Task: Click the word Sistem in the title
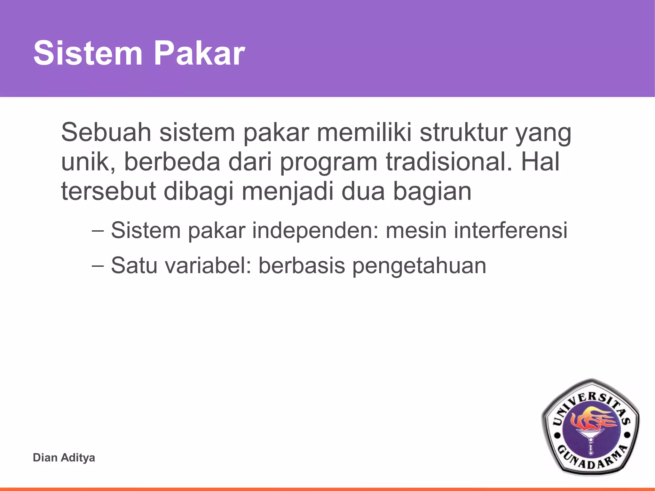[88, 53]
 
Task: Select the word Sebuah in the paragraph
[106, 132]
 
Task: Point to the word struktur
[463, 132]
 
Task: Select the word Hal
[541, 162]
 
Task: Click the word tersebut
[108, 191]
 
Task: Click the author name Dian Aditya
[64, 457]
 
